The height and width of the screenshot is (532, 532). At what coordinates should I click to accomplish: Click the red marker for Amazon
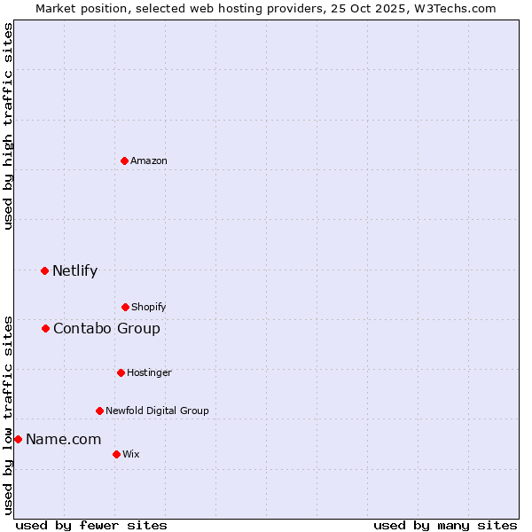point(125,160)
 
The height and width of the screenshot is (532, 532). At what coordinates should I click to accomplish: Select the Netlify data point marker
point(45,270)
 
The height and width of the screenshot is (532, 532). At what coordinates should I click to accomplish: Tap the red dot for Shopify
point(126,307)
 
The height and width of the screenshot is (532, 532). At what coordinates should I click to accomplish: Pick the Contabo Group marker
point(46,328)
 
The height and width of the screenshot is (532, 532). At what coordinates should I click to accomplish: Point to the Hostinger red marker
point(121,372)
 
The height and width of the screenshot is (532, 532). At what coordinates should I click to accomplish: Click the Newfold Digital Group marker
point(100,411)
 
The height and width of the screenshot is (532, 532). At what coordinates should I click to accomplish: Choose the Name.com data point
point(18,439)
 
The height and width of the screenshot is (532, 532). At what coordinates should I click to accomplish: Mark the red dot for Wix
point(117,454)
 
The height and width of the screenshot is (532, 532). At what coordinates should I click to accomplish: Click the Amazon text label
point(149,160)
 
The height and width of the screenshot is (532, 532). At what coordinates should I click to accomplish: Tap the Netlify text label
point(74,270)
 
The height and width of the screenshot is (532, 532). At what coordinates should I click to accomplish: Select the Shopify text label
point(149,307)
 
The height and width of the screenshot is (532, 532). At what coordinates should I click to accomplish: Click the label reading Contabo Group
point(106,328)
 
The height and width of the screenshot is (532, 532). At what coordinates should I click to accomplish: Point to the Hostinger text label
point(149,372)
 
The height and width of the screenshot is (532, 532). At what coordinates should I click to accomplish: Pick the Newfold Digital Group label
point(157,411)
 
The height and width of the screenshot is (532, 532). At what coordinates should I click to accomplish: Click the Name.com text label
point(63,439)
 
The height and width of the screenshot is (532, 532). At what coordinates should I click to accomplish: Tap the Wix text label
point(131,454)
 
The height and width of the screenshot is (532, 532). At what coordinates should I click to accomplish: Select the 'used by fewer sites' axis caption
point(91,525)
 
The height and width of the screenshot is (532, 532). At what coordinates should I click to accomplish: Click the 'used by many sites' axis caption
point(445,525)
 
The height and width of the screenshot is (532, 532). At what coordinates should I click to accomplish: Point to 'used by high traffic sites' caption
point(8,126)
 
